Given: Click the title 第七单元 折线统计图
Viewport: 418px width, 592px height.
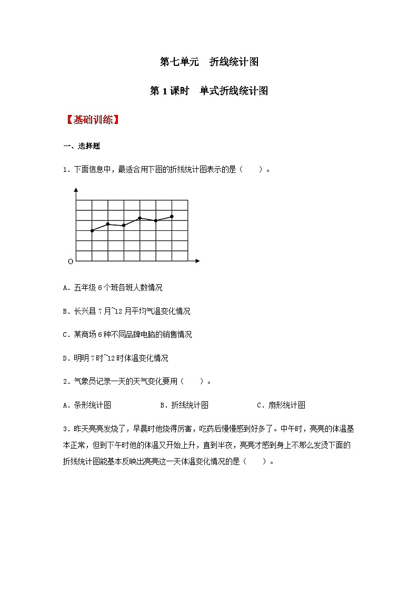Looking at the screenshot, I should click(x=209, y=62).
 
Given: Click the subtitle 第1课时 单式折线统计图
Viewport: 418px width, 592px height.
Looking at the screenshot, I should click(x=209, y=91).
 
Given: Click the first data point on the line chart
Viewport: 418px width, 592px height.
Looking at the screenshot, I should click(x=92, y=230).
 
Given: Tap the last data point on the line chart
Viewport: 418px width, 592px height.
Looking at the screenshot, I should click(x=172, y=216).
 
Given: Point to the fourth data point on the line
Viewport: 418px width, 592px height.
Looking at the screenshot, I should click(x=140, y=218).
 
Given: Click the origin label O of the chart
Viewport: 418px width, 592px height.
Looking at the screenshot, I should click(x=71, y=261).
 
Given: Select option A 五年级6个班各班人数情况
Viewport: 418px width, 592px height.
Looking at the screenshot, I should click(x=113, y=287).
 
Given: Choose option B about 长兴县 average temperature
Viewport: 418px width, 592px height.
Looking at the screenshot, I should click(x=126, y=311).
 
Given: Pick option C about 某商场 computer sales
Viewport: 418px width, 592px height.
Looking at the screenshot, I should click(x=127, y=334).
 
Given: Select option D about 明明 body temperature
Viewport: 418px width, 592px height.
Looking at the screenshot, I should click(x=115, y=358).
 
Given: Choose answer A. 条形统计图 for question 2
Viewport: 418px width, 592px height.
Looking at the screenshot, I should click(x=87, y=405).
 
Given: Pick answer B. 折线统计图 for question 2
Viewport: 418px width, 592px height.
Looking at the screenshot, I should click(x=184, y=405).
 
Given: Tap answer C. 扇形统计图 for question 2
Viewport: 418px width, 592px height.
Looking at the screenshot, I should click(x=281, y=405).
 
